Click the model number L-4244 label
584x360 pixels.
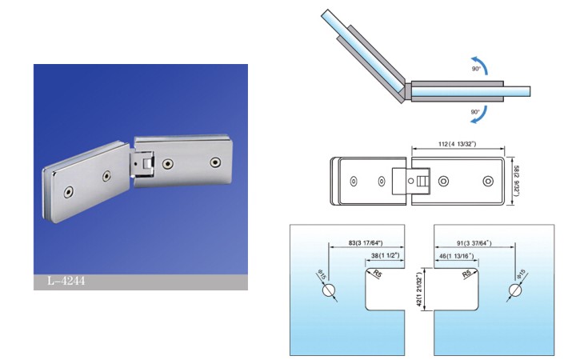66,281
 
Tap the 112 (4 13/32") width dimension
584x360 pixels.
457,144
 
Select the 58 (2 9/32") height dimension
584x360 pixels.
516,182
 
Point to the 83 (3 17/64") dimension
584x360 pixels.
366,243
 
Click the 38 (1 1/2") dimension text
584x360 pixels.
385,255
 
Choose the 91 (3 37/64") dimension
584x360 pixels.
474,243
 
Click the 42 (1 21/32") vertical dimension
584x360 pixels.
419,290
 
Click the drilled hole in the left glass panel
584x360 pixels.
329,290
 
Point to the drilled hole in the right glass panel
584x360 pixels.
514,290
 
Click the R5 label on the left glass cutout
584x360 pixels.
378,274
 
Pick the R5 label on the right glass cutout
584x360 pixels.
467,274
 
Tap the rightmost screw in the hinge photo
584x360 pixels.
215,162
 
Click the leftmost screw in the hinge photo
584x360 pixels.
68,192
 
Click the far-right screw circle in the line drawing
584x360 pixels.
488,182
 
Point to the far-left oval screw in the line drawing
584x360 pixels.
354,182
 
